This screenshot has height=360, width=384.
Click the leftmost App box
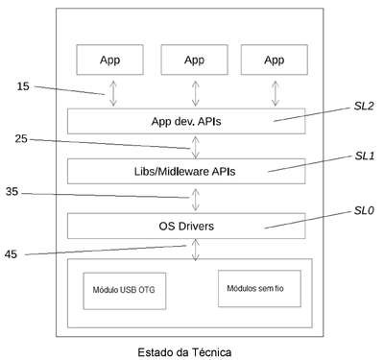pos(109,60)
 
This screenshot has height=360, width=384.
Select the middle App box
pos(195,60)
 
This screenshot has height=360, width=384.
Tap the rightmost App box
pos(275,60)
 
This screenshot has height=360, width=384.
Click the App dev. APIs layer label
pos(186,122)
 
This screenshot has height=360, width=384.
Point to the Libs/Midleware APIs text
pos(184,172)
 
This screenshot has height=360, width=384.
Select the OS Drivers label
pos(186,227)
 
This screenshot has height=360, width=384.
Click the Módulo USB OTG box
pos(125,291)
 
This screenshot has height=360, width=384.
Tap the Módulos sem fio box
pos(259,288)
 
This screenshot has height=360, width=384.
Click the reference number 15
pos(23,86)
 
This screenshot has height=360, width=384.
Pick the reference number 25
pos(21,139)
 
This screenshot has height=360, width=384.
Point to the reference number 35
pos(12,192)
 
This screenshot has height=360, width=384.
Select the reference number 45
pos(11,254)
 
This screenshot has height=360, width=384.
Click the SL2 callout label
pos(364,106)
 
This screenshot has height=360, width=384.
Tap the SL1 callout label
pos(365,156)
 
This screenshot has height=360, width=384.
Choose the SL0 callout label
pos(364,210)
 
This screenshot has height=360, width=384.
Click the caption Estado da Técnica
pos(184,352)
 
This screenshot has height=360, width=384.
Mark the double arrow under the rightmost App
pos(276,93)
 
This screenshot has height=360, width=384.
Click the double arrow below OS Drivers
pos(195,250)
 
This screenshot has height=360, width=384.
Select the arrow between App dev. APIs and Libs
pos(195,147)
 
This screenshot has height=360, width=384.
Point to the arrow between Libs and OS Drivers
pos(195,200)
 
